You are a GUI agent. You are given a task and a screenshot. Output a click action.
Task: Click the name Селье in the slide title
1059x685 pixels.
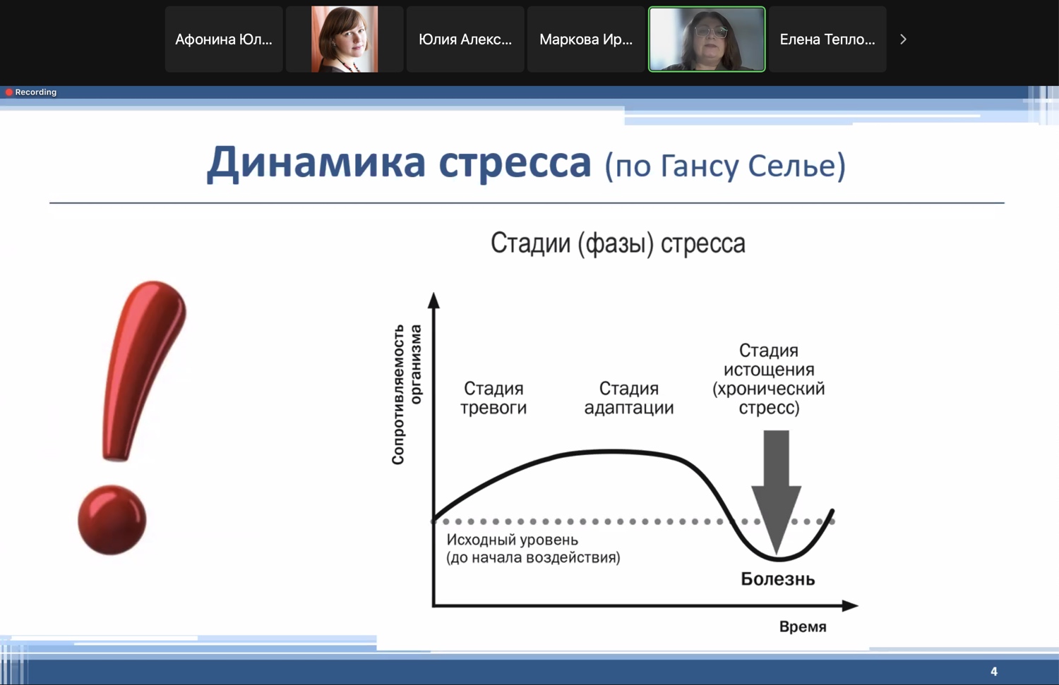(794, 166)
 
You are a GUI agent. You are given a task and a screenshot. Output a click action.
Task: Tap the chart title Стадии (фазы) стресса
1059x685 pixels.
(618, 243)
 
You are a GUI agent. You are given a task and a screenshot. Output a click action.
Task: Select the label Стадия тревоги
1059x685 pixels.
(493, 398)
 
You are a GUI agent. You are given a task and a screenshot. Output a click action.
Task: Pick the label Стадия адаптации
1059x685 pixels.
(629, 398)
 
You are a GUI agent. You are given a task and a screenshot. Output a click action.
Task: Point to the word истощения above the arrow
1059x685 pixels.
(769, 370)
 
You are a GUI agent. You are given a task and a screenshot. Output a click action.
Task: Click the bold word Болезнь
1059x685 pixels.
(778, 578)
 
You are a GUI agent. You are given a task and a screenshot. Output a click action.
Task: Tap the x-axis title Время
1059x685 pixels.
(803, 627)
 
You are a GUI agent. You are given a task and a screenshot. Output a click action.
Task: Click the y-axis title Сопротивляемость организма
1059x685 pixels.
(406, 394)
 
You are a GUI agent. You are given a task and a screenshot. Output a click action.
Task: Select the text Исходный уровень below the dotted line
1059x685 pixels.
(512, 540)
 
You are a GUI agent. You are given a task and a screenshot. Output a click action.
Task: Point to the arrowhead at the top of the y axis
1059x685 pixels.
(433, 300)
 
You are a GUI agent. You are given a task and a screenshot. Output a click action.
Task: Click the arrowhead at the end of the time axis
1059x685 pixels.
(850, 605)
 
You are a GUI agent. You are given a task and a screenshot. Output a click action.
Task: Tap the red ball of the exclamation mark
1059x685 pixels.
(112, 520)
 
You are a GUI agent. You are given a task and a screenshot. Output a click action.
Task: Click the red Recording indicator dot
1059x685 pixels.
(8, 92)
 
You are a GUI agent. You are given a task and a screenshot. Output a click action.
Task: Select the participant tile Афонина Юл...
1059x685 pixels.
(224, 40)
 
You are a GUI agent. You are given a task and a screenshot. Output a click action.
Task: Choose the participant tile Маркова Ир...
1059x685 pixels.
(586, 40)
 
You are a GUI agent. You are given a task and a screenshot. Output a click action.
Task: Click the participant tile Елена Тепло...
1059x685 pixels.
(827, 40)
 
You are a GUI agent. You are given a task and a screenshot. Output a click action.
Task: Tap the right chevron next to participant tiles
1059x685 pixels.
(903, 40)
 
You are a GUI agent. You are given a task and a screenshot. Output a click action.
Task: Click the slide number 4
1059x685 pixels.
(994, 672)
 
